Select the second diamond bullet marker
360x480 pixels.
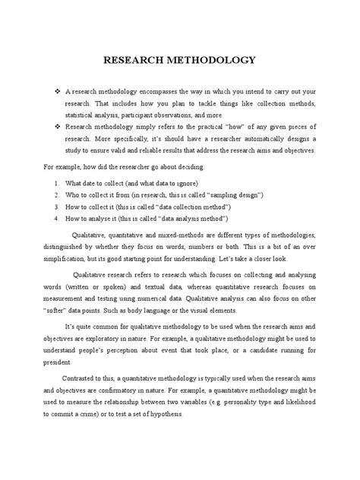click(x=58, y=128)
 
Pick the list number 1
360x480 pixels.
click(x=57, y=184)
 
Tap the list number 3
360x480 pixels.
click(x=57, y=207)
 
